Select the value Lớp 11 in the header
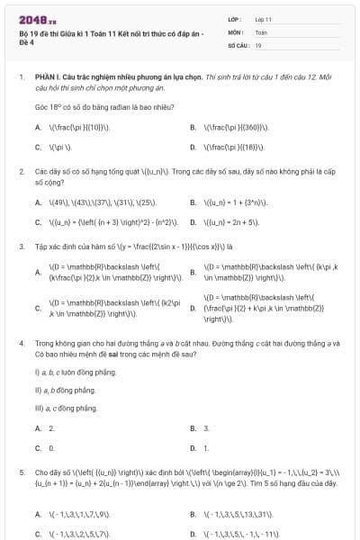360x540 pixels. pyautogui.click(x=263, y=18)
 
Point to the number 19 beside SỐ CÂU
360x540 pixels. pyautogui.click(x=258, y=44)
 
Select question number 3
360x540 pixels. pyautogui.click(x=21, y=245)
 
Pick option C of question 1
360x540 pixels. pyautogui.click(x=38, y=146)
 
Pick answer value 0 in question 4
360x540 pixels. pyautogui.click(x=52, y=447)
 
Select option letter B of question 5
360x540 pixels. pyautogui.click(x=193, y=515)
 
